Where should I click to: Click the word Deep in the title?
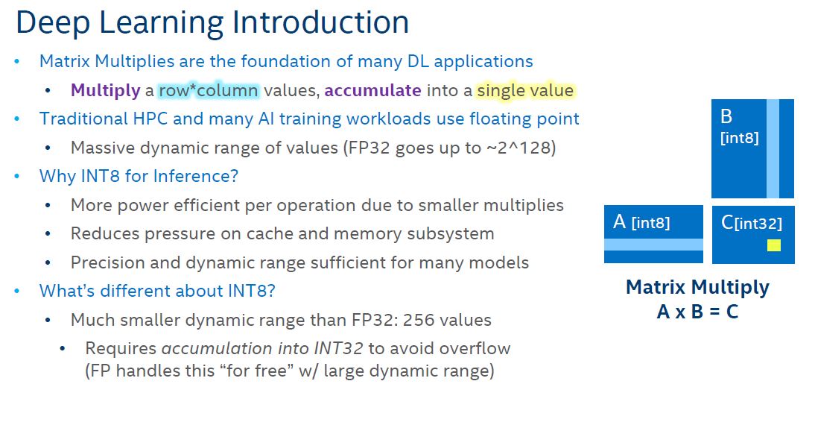click(x=52, y=23)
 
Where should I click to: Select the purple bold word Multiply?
click(x=106, y=91)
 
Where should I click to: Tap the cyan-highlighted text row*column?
click(x=209, y=90)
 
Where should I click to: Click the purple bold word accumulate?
click(x=372, y=90)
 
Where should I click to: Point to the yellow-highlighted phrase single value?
click(x=525, y=90)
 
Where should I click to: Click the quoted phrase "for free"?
click(x=254, y=371)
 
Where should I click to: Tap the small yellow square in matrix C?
click(x=774, y=245)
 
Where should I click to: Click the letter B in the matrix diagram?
click(x=726, y=116)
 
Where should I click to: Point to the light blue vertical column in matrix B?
click(x=773, y=149)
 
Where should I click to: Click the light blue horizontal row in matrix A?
click(x=653, y=245)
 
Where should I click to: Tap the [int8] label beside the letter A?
click(x=651, y=223)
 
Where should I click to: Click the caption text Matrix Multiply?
click(x=697, y=287)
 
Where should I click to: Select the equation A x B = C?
click(x=697, y=312)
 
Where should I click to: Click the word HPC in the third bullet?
click(x=150, y=119)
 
